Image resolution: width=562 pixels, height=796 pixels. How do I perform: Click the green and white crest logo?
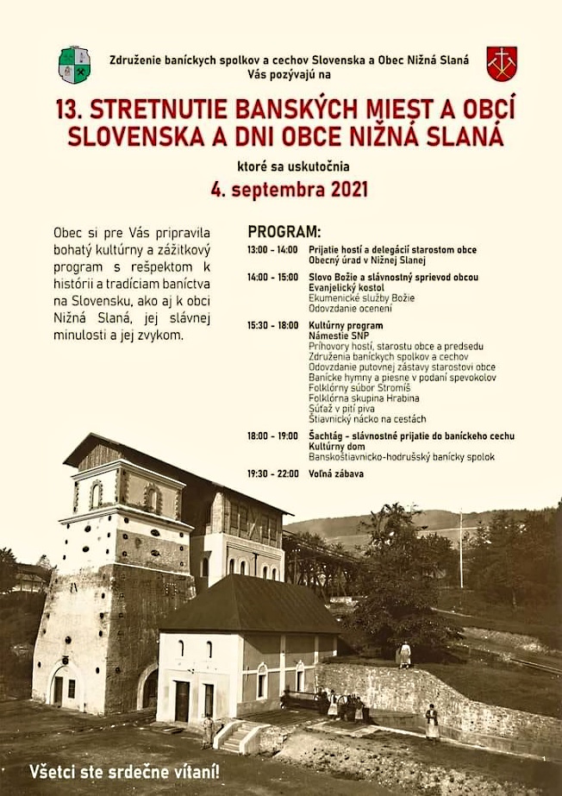[x=74, y=65]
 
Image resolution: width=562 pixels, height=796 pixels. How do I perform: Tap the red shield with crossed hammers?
[x=502, y=63]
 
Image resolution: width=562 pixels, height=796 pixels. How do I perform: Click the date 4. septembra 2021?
[x=290, y=189]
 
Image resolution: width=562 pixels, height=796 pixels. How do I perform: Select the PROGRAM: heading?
[x=284, y=232]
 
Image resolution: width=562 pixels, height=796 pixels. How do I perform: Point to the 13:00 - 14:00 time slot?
[x=272, y=250]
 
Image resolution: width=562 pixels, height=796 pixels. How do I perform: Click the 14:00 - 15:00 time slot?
[x=272, y=278]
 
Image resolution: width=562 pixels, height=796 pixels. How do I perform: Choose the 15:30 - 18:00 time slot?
[x=272, y=326]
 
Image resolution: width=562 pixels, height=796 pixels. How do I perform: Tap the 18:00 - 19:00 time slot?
[x=272, y=436]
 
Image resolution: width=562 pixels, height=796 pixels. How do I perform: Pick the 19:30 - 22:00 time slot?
[x=272, y=473]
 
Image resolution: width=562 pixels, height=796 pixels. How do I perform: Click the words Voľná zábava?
[x=336, y=473]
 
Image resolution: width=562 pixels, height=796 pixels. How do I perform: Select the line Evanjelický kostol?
[x=347, y=287]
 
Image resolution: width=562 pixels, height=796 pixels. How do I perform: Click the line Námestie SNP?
[x=338, y=335]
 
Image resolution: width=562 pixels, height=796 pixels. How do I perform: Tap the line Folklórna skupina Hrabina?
[x=364, y=398]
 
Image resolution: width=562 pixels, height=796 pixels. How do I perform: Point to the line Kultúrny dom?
[x=337, y=447]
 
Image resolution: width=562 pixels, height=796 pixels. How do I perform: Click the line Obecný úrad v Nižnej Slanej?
[x=367, y=260]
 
